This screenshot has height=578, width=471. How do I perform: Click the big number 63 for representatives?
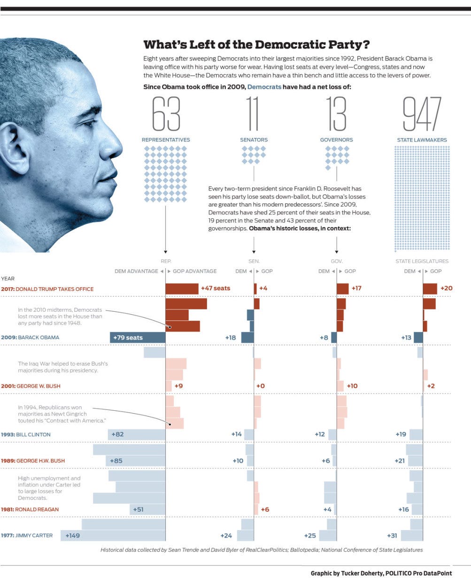tap(166, 114)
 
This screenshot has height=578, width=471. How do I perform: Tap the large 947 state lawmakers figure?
tap(422, 114)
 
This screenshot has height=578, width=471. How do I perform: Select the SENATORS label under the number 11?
tap(254, 140)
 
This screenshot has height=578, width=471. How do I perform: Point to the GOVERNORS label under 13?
tap(336, 140)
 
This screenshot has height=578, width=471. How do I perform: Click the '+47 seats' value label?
tap(216, 288)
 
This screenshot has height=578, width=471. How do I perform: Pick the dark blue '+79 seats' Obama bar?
tap(138, 337)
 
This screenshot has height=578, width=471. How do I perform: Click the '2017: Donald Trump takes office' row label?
tap(47, 289)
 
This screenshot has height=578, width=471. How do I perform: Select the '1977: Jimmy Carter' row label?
tap(27, 535)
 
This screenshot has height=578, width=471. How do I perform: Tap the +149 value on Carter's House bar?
tap(73, 536)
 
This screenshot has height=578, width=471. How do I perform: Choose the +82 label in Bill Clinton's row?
tap(117, 434)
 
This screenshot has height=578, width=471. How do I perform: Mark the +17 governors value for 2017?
tap(356, 288)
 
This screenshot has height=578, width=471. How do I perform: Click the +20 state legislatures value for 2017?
tap(447, 288)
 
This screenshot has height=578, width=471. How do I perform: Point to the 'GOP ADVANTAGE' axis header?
tap(194, 271)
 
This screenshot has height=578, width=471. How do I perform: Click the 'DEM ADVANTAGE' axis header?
tap(136, 271)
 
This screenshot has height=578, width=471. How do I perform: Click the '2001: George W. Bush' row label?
tap(31, 386)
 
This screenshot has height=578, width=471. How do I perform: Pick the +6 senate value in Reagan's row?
tap(265, 509)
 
